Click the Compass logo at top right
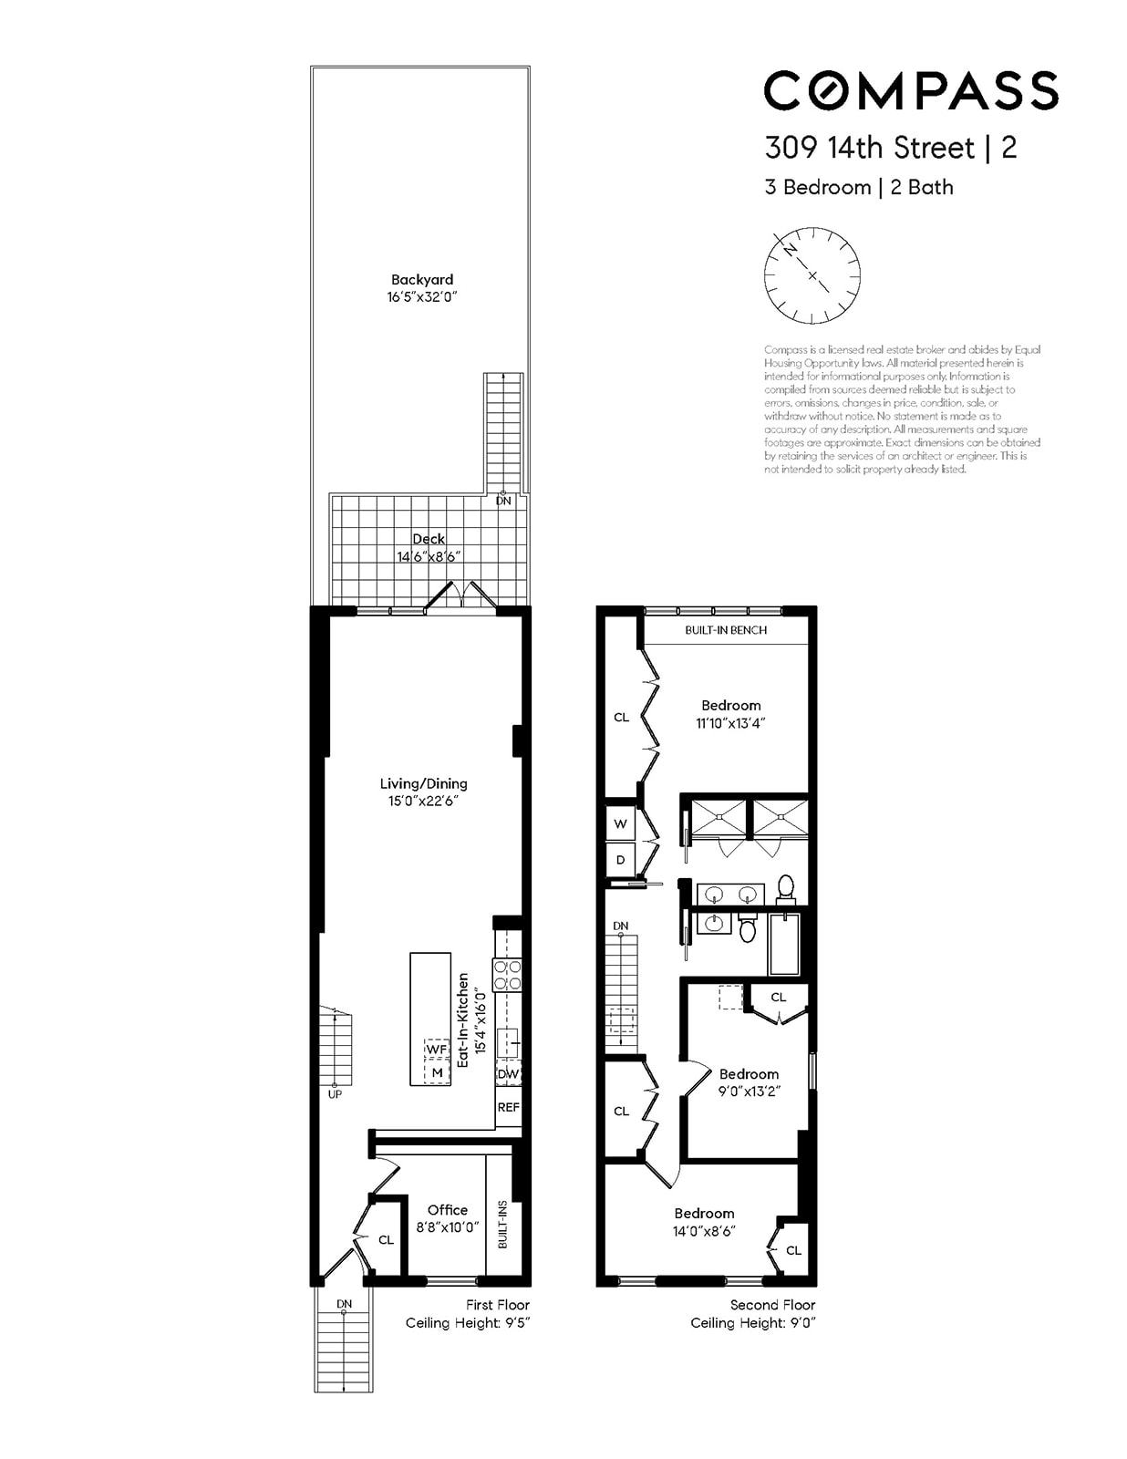(910, 90)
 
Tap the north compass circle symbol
(812, 274)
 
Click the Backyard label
(421, 280)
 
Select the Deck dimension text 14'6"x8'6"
(428, 556)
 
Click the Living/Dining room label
(423, 783)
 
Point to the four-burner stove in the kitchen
(507, 975)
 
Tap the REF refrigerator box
(508, 1107)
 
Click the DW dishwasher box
(508, 1074)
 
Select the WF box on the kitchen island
(437, 1050)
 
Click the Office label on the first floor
(447, 1210)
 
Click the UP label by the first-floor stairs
(335, 1093)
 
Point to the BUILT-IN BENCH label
(726, 630)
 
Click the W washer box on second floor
(621, 823)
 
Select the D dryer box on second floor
(621, 859)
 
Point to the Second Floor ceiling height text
(752, 1323)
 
